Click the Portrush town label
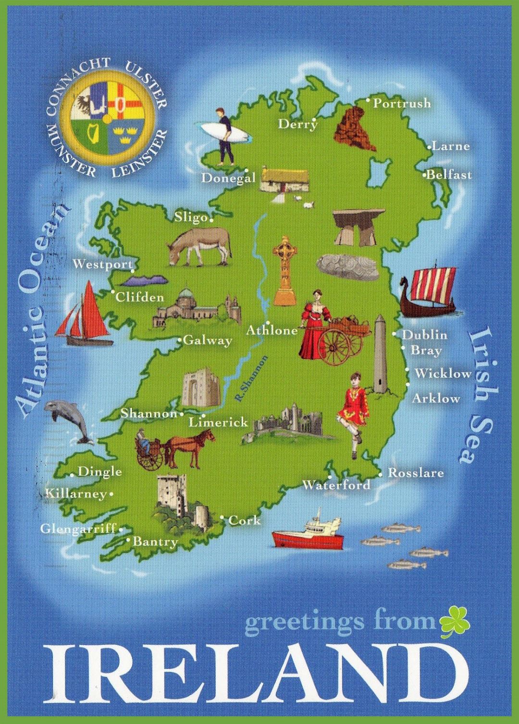(x=402, y=103)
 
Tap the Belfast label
(x=449, y=175)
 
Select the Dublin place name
(x=424, y=335)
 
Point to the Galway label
(x=208, y=340)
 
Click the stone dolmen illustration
(x=358, y=227)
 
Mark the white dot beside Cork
(x=222, y=518)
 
